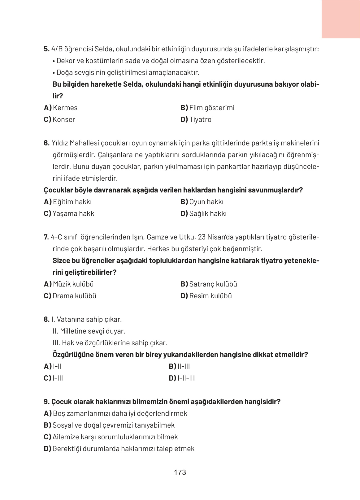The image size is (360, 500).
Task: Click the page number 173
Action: (x=180, y=472)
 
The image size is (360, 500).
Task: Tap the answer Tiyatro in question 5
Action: (x=200, y=119)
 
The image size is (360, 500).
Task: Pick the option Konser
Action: (x=63, y=119)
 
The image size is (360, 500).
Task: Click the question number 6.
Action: (x=46, y=143)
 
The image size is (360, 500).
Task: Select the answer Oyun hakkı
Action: (x=206, y=202)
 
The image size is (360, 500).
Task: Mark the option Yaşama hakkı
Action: (x=74, y=213)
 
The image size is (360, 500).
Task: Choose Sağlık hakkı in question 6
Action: (x=207, y=213)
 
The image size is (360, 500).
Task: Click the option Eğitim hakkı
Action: (x=72, y=202)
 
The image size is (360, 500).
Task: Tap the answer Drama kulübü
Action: (x=74, y=296)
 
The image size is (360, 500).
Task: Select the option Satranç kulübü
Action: (x=213, y=284)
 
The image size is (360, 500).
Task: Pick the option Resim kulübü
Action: (x=210, y=296)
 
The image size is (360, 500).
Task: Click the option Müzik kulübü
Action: (x=73, y=284)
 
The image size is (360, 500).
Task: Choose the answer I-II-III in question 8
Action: (x=186, y=378)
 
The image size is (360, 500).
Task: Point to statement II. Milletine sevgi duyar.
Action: (x=89, y=331)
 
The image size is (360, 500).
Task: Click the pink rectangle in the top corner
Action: (x=340, y=19)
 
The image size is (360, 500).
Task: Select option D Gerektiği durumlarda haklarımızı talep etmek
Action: (x=123, y=449)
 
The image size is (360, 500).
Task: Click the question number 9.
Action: (x=46, y=402)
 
